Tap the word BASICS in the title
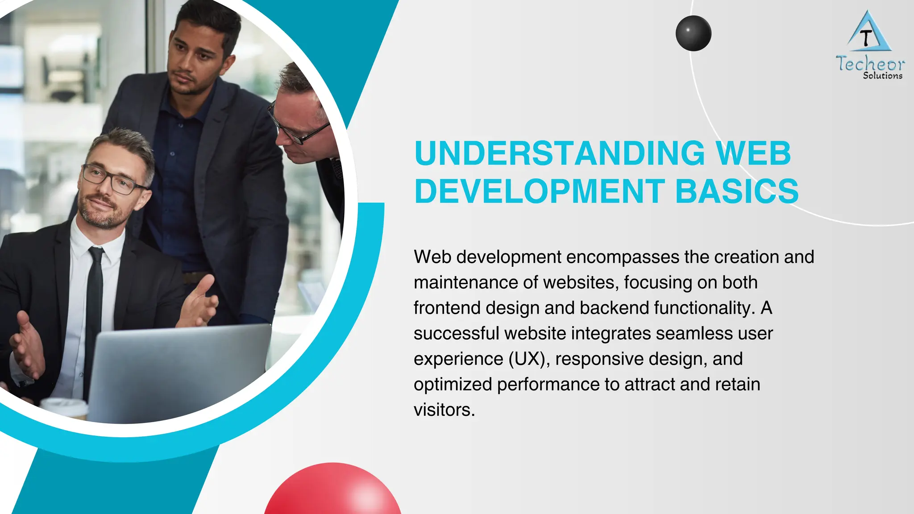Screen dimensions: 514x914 click(x=737, y=191)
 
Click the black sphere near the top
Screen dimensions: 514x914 click(x=693, y=33)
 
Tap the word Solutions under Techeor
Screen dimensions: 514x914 click(x=882, y=76)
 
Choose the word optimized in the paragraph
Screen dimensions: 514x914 click(x=453, y=384)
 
